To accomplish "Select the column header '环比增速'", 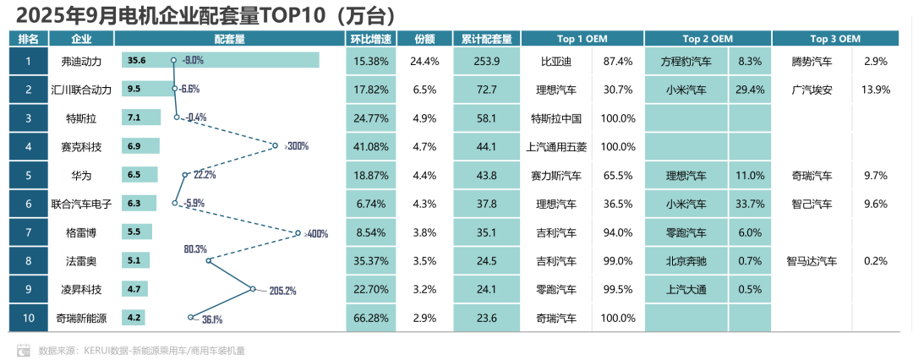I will click(371, 39).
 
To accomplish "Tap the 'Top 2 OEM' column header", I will click(708, 39).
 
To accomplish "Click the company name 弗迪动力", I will click(81, 61).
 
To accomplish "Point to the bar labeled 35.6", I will click(220, 61).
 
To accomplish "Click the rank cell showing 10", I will click(28, 319).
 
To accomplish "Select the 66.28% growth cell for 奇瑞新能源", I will click(371, 319).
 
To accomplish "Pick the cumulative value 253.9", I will click(487, 61).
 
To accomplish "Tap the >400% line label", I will click(314, 234).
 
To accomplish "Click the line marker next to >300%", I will click(275, 146).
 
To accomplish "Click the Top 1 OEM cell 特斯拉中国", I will click(557, 118).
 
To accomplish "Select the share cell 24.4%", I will click(424, 61).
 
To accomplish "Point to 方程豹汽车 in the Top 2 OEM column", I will click(686, 61).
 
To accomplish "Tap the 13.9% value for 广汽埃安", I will click(875, 90).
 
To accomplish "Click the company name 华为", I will click(81, 176).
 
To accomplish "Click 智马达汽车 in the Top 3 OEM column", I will click(812, 262).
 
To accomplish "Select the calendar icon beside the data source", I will click(25, 349).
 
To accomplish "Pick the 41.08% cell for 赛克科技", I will click(371, 147).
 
